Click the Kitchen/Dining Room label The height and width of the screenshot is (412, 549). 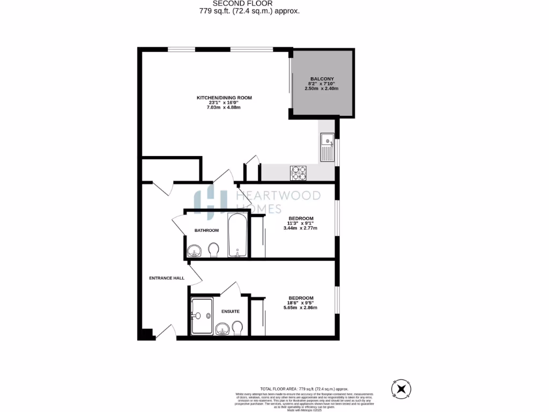point(224,98)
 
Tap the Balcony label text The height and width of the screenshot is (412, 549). point(322,79)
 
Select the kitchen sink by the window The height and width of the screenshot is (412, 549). point(327,147)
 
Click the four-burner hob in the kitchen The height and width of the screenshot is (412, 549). point(298,173)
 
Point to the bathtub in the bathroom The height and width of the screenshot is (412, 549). point(238,236)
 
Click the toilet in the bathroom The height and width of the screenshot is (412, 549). point(213,249)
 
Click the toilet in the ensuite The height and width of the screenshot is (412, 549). point(238,327)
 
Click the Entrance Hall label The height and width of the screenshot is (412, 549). point(167,278)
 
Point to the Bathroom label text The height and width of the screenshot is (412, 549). point(206,230)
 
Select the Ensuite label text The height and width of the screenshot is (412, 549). point(230,311)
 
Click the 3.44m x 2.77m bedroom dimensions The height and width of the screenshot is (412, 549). point(300,228)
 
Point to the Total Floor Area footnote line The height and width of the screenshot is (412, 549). point(304,388)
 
